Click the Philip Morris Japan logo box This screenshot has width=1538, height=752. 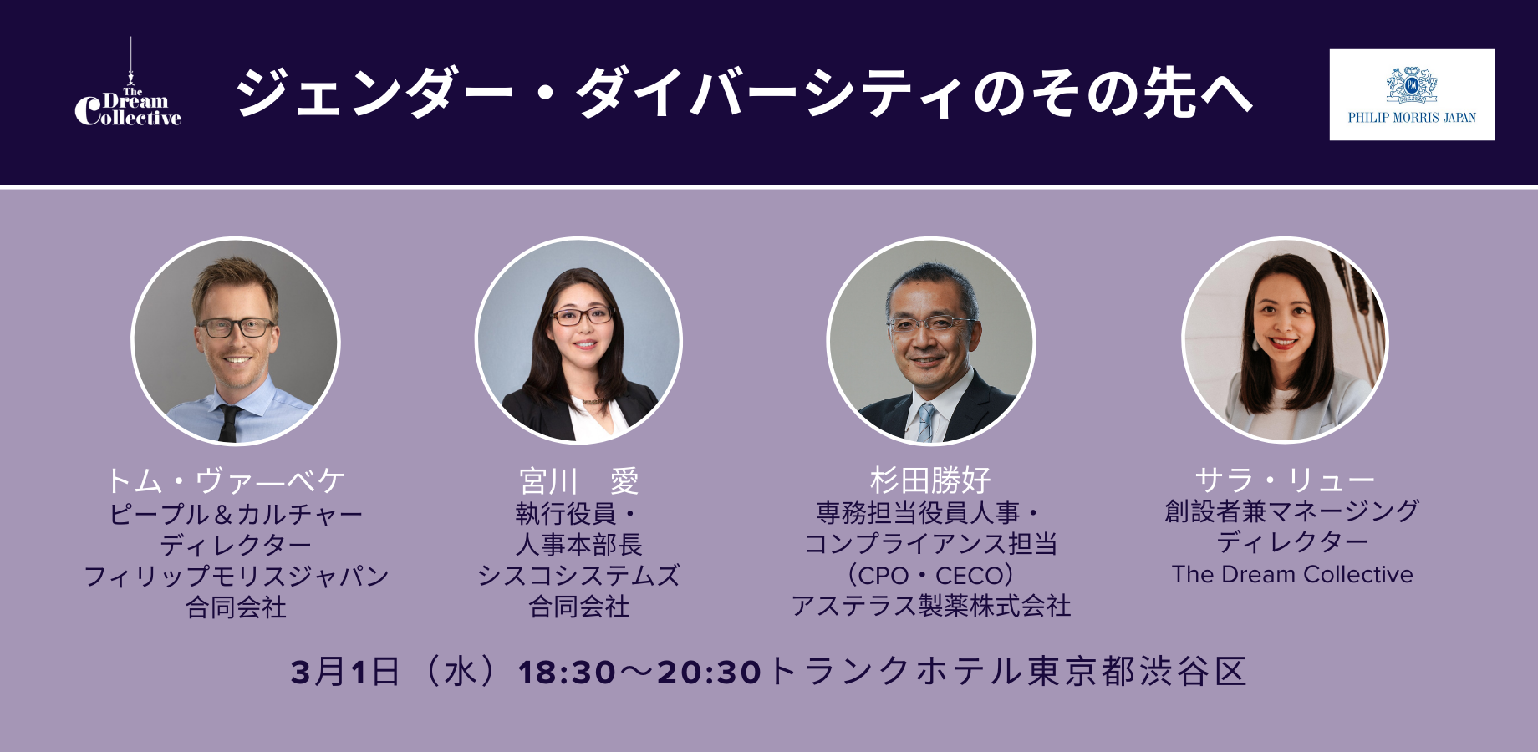[x=1411, y=94]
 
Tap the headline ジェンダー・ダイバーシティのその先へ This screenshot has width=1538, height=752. [x=744, y=93]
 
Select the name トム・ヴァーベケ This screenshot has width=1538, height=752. [x=226, y=481]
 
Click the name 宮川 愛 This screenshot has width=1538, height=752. [x=578, y=481]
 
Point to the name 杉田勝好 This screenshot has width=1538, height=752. [x=930, y=480]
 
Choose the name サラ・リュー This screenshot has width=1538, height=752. [x=1284, y=480]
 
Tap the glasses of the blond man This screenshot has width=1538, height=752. [x=236, y=328]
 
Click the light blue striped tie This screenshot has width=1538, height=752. [x=925, y=422]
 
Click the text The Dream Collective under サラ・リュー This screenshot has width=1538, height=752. [x=1291, y=575]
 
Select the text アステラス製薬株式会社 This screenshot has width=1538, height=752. [x=930, y=606]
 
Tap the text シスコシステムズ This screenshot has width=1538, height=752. [x=578, y=576]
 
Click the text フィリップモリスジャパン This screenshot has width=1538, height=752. [x=237, y=576]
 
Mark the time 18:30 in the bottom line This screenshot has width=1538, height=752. [x=567, y=673]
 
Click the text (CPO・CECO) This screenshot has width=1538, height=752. [x=930, y=576]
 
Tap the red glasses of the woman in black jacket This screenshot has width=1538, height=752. [x=582, y=316]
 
